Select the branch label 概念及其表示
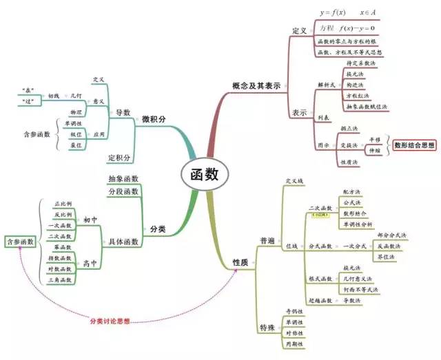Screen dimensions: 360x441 [x=256, y=86]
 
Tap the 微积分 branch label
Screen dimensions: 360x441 [x=154, y=119]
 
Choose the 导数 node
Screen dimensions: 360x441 [x=123, y=112]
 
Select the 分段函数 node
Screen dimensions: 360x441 [x=123, y=191]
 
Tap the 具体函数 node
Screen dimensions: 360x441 [x=124, y=242]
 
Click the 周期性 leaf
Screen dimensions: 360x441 [x=294, y=343]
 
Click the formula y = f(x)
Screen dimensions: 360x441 [x=336, y=12]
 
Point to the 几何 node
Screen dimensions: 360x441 [x=77, y=95]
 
